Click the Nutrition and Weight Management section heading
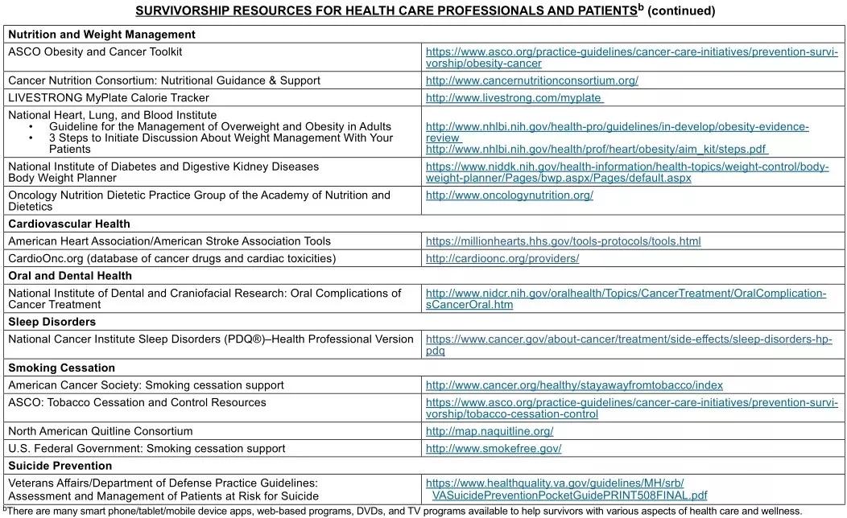tap(101, 35)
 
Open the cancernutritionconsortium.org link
tap(531, 80)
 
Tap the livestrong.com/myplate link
tap(514, 98)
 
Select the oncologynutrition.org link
tap(509, 195)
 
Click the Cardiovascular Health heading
tap(69, 224)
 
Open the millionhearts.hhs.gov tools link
tap(563, 241)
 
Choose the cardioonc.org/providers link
tap(502, 259)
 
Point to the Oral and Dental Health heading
tap(70, 276)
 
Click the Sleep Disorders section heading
tap(52, 322)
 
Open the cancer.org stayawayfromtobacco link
tap(574, 385)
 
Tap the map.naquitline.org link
tap(489, 431)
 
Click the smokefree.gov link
tap(494, 449)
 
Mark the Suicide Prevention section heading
tap(60, 466)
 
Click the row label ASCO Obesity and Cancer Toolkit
tap(95, 51)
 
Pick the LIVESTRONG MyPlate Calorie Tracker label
tap(109, 98)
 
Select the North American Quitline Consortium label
tap(101, 431)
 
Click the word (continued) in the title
tap(681, 11)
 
